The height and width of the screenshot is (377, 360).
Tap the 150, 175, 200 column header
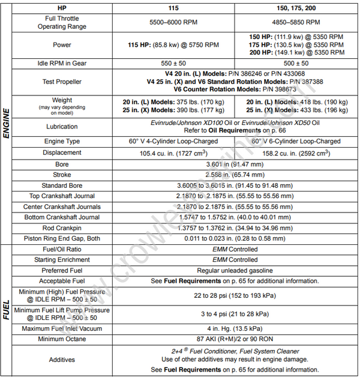(296, 8)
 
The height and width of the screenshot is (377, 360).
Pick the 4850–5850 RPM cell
(296, 22)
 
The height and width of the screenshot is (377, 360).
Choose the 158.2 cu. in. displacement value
(296, 152)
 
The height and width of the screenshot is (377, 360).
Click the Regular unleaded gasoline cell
(235, 270)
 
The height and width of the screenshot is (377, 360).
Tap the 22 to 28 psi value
(235, 295)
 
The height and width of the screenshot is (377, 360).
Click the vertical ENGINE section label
(7, 124)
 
